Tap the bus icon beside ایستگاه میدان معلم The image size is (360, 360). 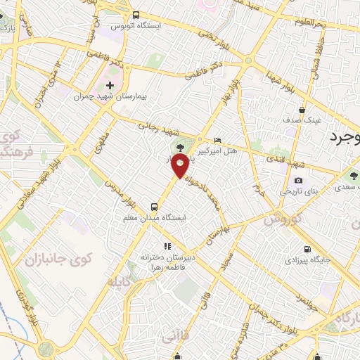coord(154,207)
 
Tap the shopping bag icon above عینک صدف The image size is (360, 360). coord(302,109)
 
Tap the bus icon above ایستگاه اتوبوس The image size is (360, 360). coord(136,15)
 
